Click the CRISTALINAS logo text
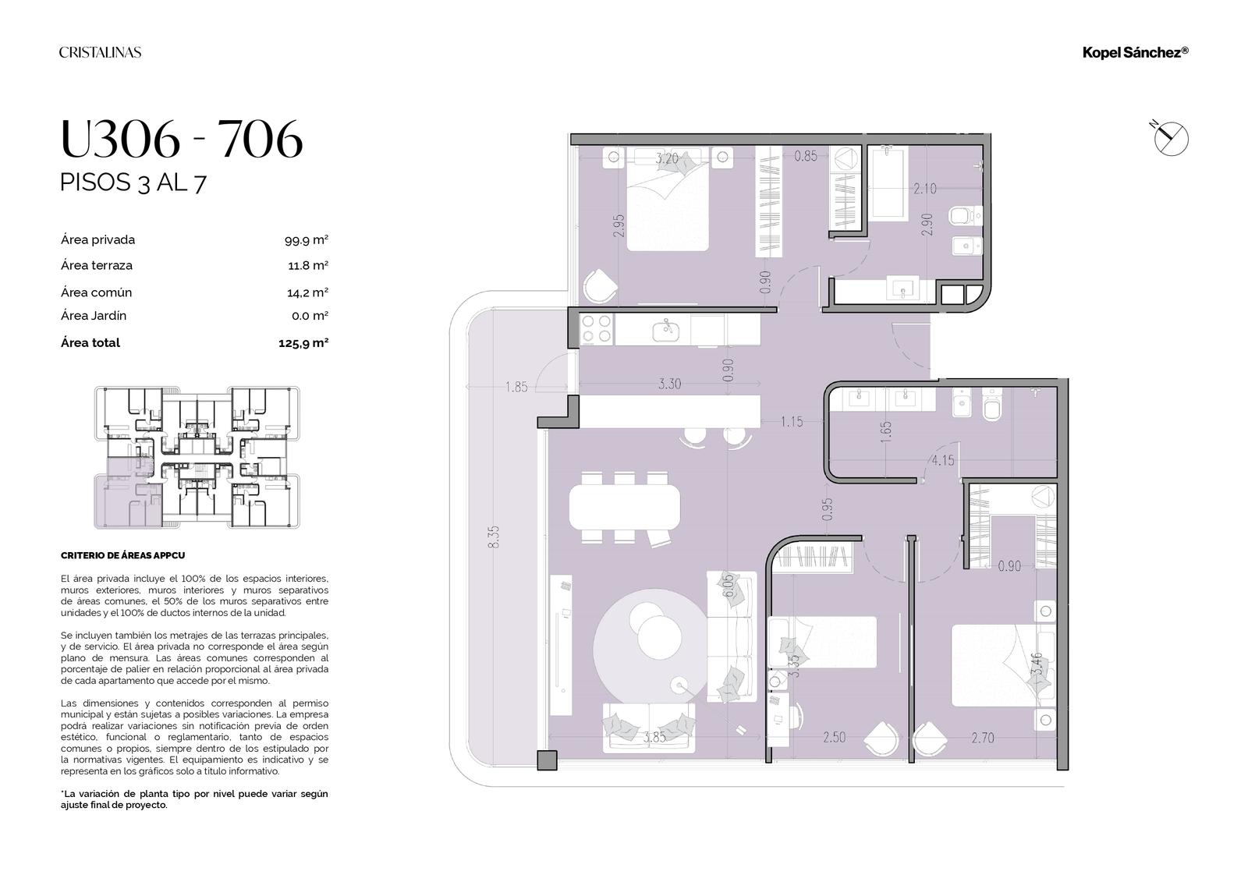click(x=101, y=52)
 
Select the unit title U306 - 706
click(x=182, y=139)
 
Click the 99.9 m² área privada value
click(x=307, y=240)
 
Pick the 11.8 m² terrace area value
click(x=308, y=266)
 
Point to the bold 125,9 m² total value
click(x=303, y=343)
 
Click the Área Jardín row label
click(x=94, y=316)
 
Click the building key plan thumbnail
click(x=197, y=458)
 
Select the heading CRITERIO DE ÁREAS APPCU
click(x=122, y=555)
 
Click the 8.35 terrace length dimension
click(x=494, y=537)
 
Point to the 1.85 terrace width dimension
click(x=516, y=387)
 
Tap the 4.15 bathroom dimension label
click(x=943, y=461)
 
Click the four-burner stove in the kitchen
click(x=597, y=329)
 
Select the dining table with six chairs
click(x=625, y=508)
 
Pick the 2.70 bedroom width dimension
click(x=983, y=738)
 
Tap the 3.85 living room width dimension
click(x=654, y=737)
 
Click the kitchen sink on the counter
click(x=666, y=331)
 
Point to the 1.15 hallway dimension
click(x=792, y=422)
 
